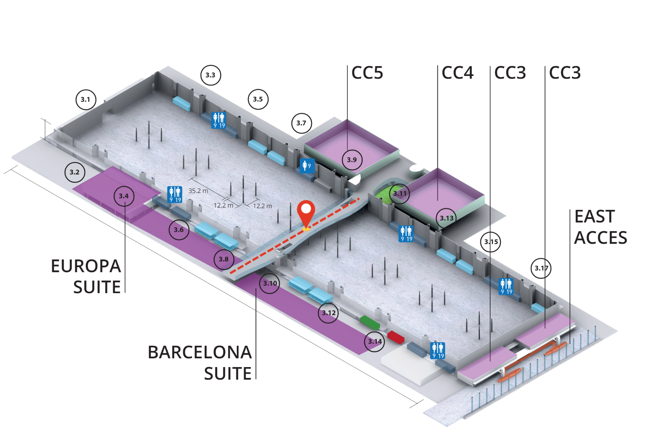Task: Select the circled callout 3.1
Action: (85, 100)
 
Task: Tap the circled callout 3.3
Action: (211, 75)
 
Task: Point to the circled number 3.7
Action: (301, 123)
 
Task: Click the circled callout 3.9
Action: (352, 160)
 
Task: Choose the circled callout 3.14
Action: (375, 341)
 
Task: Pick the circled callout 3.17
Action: (541, 268)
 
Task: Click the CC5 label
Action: (367, 73)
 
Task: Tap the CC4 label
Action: (457, 73)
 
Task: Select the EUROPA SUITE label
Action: (86, 276)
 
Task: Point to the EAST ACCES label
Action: (600, 227)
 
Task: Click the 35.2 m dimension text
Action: (198, 191)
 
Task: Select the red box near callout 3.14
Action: (396, 337)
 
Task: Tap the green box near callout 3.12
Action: (370, 322)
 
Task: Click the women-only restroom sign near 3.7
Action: (307, 166)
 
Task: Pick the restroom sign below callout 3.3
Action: (219, 120)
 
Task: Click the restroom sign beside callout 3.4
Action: (175, 194)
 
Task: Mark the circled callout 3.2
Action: (74, 172)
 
